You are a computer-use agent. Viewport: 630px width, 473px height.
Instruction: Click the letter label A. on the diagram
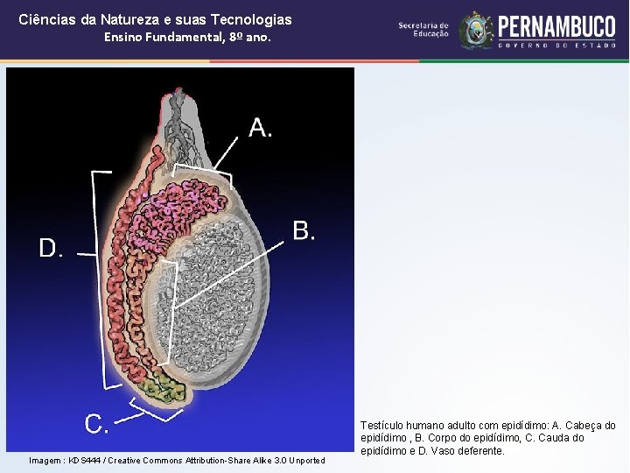(261, 128)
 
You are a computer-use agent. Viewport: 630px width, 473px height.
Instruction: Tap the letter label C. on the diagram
(97, 425)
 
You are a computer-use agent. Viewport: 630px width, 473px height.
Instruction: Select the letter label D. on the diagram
(52, 249)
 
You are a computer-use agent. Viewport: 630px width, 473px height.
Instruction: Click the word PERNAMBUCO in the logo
(556, 26)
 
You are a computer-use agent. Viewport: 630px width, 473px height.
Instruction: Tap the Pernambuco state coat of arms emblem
(476, 30)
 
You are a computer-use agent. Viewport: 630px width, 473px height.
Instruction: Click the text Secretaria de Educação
(423, 30)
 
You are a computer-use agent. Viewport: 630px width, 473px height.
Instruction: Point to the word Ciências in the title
(43, 18)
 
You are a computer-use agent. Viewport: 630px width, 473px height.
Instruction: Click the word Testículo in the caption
(385, 426)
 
